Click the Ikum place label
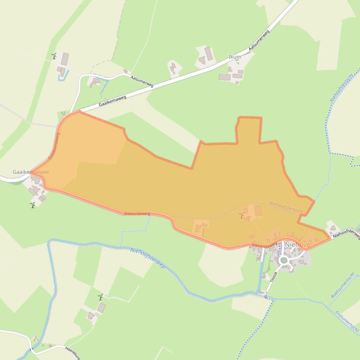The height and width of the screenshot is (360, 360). click(235, 57)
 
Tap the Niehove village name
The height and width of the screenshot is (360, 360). click(297, 245)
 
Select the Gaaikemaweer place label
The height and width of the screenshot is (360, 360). click(31, 172)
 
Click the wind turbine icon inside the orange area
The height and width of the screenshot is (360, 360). click(242, 216)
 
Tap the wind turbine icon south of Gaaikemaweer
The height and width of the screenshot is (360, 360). click(33, 205)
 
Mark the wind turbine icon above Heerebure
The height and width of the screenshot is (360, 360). click(100, 297)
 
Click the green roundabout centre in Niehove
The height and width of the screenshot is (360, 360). click(283, 260)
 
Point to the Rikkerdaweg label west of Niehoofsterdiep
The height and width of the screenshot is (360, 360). click(137, 213)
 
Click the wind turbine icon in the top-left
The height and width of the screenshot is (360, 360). click(54, 56)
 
